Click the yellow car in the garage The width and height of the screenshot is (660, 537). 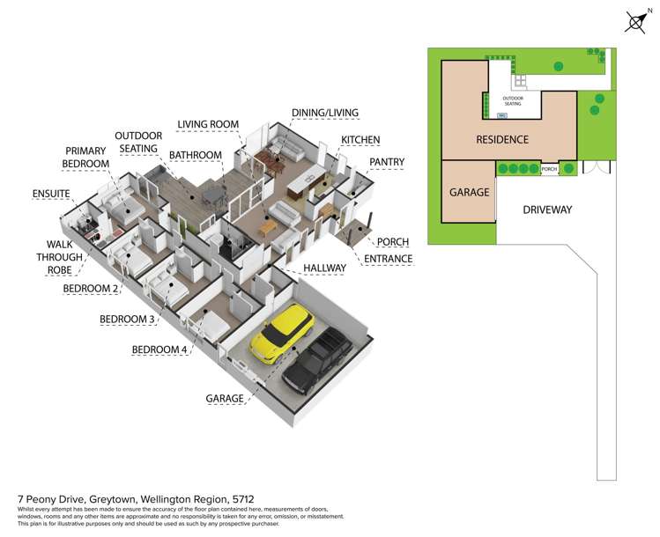[281, 334]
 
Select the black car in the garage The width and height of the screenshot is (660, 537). [315, 361]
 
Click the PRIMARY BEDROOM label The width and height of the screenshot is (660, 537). [85, 158]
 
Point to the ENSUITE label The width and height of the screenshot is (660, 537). [51, 191]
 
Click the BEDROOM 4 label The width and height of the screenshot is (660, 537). [159, 349]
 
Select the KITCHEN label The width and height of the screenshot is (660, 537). [360, 140]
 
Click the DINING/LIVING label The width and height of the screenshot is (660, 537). [322, 113]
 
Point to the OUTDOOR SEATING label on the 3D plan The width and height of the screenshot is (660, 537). [136, 143]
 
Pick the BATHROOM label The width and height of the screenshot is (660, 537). [195, 155]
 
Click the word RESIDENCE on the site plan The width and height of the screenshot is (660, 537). [501, 139]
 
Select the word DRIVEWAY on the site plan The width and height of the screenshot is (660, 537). [547, 210]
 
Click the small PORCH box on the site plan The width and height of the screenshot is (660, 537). [548, 168]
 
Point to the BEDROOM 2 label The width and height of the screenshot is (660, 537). [91, 288]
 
